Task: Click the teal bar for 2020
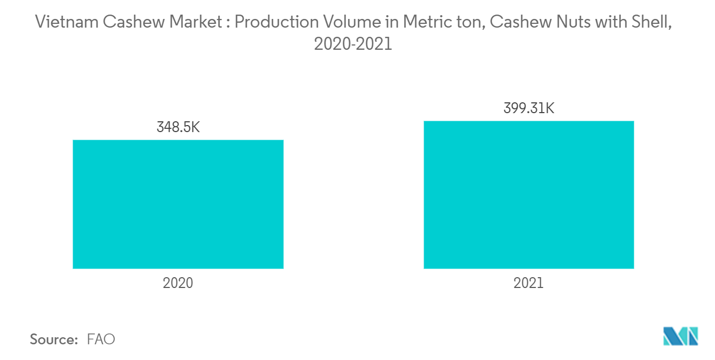pyautogui.click(x=178, y=204)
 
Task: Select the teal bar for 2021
pyautogui.click(x=529, y=194)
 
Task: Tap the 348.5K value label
pyautogui.click(x=178, y=128)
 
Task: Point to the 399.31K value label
pyautogui.click(x=529, y=108)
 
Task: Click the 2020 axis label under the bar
pyautogui.click(x=178, y=283)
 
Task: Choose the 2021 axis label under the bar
pyautogui.click(x=529, y=283)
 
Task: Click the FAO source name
pyautogui.click(x=101, y=339)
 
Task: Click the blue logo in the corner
pyautogui.click(x=680, y=336)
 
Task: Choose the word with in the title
pyautogui.click(x=609, y=22)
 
